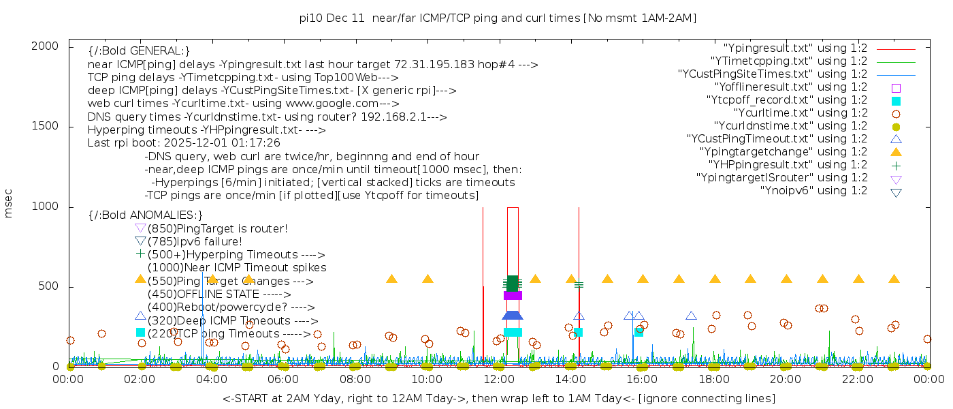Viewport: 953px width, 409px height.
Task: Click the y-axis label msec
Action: coord(9,204)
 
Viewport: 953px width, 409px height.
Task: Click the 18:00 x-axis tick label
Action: coord(713,379)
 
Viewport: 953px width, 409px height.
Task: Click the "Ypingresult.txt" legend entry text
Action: coord(795,48)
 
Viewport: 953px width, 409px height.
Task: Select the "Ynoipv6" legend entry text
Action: coord(813,191)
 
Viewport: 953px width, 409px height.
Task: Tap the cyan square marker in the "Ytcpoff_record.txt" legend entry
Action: coord(896,101)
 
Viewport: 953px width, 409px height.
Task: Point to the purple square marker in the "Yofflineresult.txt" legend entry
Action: coord(896,88)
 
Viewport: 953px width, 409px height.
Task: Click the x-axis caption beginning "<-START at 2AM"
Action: coord(498,398)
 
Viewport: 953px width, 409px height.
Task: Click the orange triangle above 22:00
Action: coord(858,279)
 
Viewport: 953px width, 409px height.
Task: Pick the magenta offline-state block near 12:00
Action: coord(513,295)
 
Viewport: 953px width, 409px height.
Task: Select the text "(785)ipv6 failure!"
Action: coord(195,241)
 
